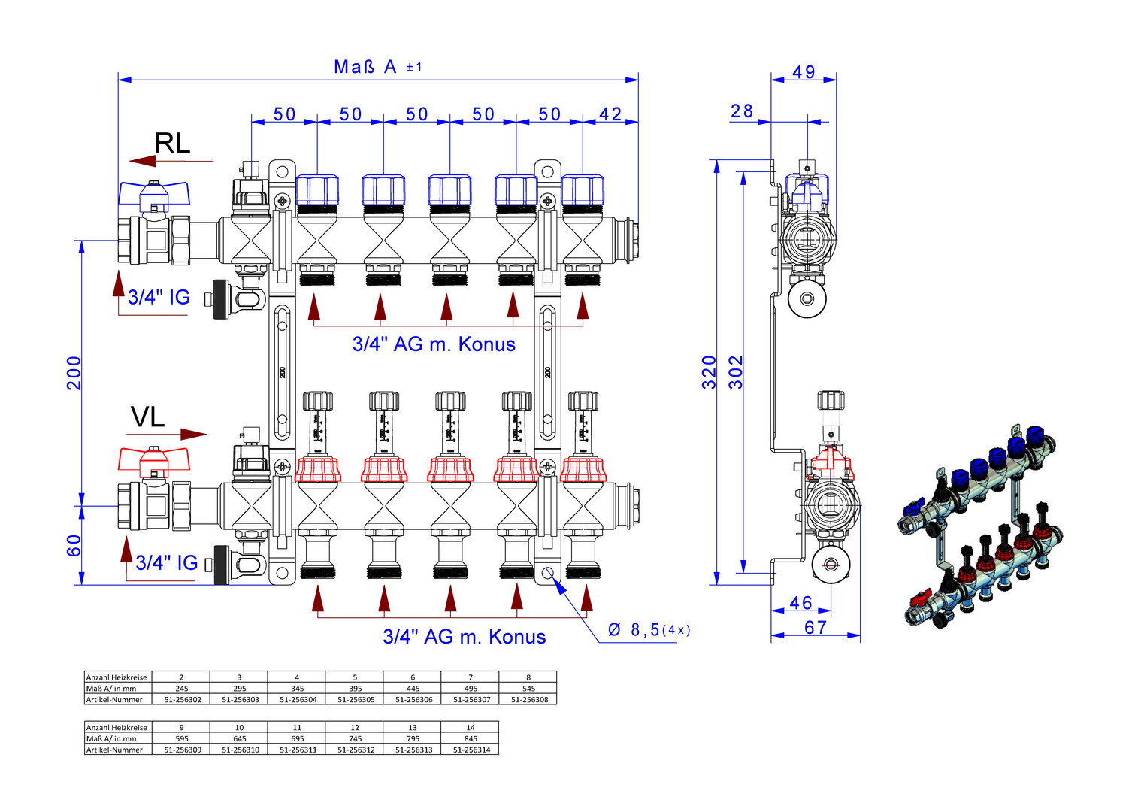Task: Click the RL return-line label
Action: point(172,143)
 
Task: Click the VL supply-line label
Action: point(147,417)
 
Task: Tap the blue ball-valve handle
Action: point(154,193)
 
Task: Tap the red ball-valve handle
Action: point(154,459)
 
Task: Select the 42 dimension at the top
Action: point(610,114)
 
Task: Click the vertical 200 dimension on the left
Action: point(74,373)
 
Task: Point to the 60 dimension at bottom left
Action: point(74,546)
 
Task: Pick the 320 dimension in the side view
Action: point(709,372)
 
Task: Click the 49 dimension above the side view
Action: point(804,72)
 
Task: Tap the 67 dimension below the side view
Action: point(816,628)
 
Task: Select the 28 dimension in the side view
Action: point(742,111)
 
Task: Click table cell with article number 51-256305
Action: point(356,700)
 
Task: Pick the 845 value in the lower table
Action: point(471,739)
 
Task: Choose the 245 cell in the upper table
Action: point(182,689)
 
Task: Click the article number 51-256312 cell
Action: point(356,750)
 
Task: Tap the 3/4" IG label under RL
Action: point(159,297)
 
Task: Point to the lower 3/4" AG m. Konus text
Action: point(464,637)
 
